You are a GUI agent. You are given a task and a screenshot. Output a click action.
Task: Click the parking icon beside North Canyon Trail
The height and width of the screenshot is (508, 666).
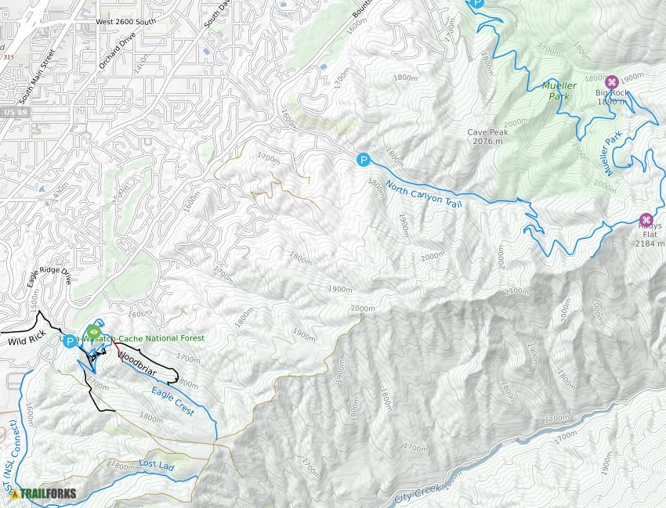coord(363,160)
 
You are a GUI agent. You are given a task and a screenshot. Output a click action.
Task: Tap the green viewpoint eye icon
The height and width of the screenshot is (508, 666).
coord(94,331)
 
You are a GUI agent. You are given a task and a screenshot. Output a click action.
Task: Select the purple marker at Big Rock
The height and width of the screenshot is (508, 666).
coord(612,81)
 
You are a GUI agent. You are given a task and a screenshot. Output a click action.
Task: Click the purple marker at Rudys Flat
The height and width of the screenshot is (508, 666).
coord(646,220)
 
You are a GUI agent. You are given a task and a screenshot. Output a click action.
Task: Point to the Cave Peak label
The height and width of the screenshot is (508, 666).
coord(487,137)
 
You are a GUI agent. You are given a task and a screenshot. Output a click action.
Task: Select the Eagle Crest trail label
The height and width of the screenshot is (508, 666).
coord(172,396)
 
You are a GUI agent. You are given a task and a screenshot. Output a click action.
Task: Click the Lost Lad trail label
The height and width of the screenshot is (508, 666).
coord(157,464)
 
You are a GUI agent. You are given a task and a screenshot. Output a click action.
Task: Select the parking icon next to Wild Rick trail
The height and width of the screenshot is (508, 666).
coord(70,340)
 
